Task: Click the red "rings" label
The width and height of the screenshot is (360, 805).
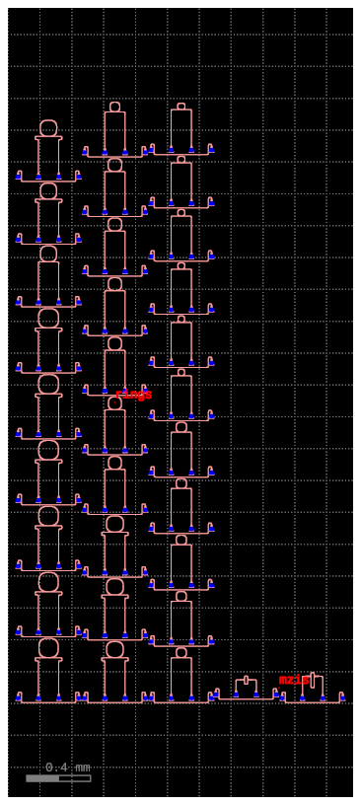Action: pos(133,395)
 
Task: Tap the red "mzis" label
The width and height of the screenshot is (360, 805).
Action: pos(293,680)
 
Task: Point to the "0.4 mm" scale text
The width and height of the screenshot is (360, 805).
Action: pos(67,767)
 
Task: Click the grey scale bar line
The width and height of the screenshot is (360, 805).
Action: pos(58,778)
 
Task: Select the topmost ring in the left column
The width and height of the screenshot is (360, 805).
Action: pos(48,127)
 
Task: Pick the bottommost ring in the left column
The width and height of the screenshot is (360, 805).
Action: pos(48,648)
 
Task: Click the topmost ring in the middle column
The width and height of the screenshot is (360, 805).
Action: pos(114,107)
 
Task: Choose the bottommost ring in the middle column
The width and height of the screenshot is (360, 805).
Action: pos(114,649)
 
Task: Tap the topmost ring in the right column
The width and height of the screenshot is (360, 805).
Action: pos(180,106)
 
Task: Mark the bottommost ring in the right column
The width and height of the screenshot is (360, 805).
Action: pos(180,652)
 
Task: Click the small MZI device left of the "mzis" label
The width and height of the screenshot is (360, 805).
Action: pos(246,686)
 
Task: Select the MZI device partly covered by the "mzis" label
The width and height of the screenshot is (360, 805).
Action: pos(313,684)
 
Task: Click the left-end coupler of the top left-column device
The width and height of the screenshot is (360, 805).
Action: pos(20,176)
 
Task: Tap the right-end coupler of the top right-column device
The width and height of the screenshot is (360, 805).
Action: pos(210,148)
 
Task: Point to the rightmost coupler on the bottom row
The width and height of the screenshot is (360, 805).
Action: pos(341,696)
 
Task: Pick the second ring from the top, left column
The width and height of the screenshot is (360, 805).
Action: pos(48,190)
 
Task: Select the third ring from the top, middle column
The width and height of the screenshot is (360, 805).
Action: pos(114,224)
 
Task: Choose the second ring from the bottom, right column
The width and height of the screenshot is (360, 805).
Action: pos(180,596)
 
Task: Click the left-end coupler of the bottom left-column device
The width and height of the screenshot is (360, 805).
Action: pos(20,696)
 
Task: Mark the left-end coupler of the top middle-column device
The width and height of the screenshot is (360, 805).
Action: pos(86,151)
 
